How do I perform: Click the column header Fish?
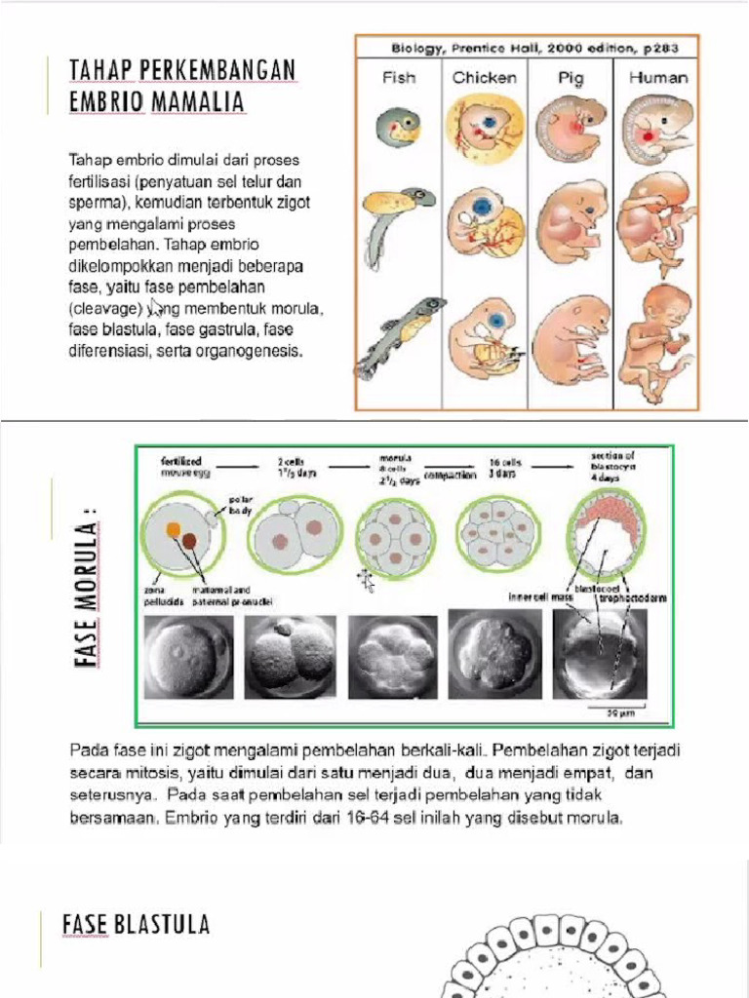click(x=398, y=77)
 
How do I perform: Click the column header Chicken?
click(x=485, y=77)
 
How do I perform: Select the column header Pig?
click(x=572, y=77)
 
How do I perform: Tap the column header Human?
click(x=657, y=77)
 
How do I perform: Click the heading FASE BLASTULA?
click(x=136, y=924)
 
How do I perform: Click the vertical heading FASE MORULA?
click(x=90, y=595)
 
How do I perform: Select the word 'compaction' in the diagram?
click(x=450, y=476)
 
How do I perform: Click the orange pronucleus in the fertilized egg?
click(x=175, y=529)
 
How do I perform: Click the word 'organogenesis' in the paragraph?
click(x=253, y=352)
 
